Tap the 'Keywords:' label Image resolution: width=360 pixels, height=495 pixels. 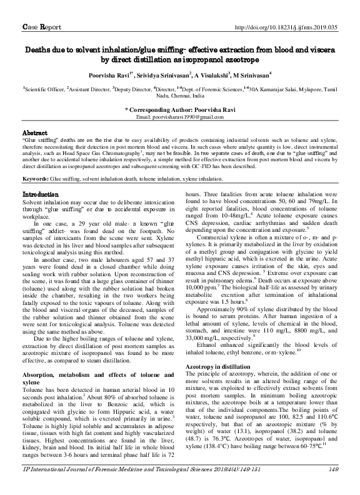(x=36, y=162)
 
